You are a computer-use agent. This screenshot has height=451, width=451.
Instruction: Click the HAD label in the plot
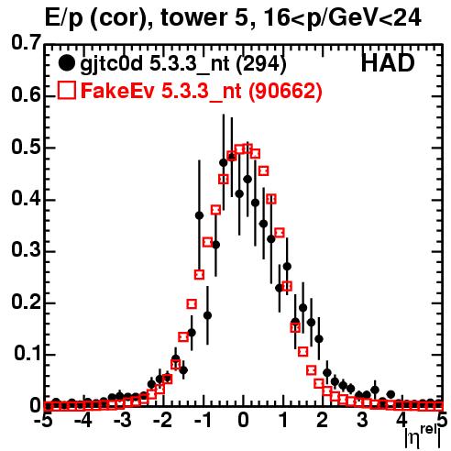(388, 63)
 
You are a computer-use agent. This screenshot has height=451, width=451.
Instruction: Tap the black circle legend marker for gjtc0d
(66, 63)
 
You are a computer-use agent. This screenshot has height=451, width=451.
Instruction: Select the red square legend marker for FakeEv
(66, 90)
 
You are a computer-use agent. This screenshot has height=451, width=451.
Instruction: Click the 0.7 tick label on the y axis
(26, 42)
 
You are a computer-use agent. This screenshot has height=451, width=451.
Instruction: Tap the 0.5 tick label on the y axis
(26, 147)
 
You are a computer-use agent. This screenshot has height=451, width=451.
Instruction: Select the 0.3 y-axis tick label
(26, 250)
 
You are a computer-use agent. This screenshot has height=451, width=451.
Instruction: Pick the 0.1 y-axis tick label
(27, 354)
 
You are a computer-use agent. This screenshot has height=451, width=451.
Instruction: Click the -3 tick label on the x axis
(123, 420)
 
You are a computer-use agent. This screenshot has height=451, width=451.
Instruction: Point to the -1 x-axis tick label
(203, 420)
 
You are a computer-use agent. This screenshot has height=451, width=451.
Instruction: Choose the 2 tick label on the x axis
(323, 420)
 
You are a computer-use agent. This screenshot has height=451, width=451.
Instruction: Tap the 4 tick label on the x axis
(402, 420)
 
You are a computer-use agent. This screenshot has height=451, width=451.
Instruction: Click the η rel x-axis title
(423, 436)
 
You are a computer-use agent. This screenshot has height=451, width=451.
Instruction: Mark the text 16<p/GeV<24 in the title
(342, 19)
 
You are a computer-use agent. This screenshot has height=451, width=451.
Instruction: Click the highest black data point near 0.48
(232, 157)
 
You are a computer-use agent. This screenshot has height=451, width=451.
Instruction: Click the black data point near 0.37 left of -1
(199, 215)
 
